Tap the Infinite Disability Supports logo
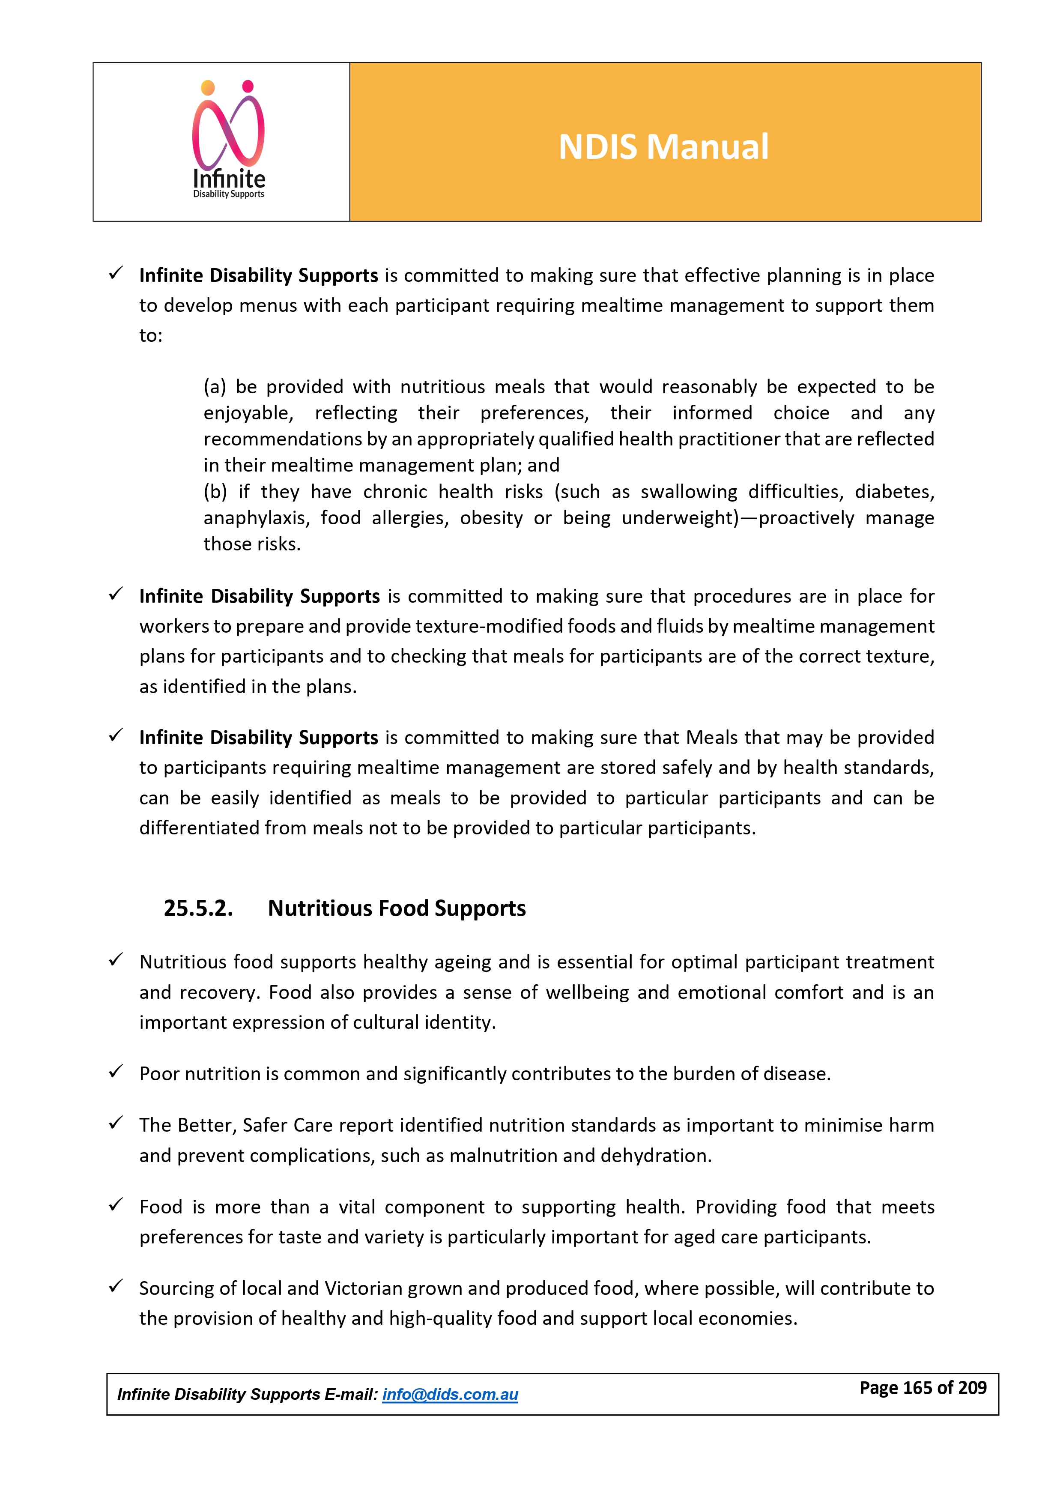228,140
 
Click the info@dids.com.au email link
450,1394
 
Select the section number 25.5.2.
198,908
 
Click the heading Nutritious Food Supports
397,908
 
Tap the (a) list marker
215,387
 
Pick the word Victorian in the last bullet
363,1288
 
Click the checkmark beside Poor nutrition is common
116,1072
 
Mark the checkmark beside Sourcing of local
116,1286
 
